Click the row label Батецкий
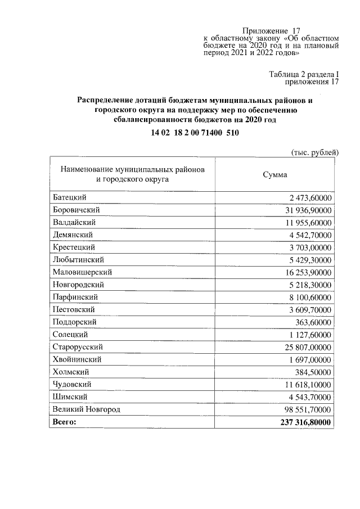[70, 198]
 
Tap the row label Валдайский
[74, 223]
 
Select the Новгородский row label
[78, 285]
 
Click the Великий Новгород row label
[86, 409]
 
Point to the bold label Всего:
[64, 422]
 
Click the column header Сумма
[275, 174]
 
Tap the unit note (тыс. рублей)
[315, 152]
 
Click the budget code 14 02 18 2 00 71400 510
[195, 133]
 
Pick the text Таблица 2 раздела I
[304, 74]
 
